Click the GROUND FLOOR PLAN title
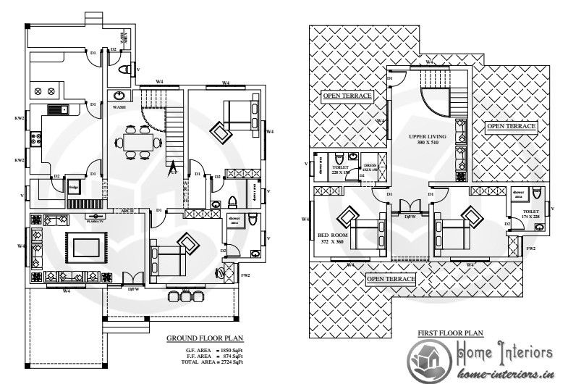(205, 338)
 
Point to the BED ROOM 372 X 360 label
(332, 238)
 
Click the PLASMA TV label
(95, 220)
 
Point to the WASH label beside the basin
(119, 107)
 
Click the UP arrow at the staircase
(174, 172)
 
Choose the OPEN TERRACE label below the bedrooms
(391, 279)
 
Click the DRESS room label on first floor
(369, 167)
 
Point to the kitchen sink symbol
(56, 110)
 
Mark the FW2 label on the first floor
(530, 249)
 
